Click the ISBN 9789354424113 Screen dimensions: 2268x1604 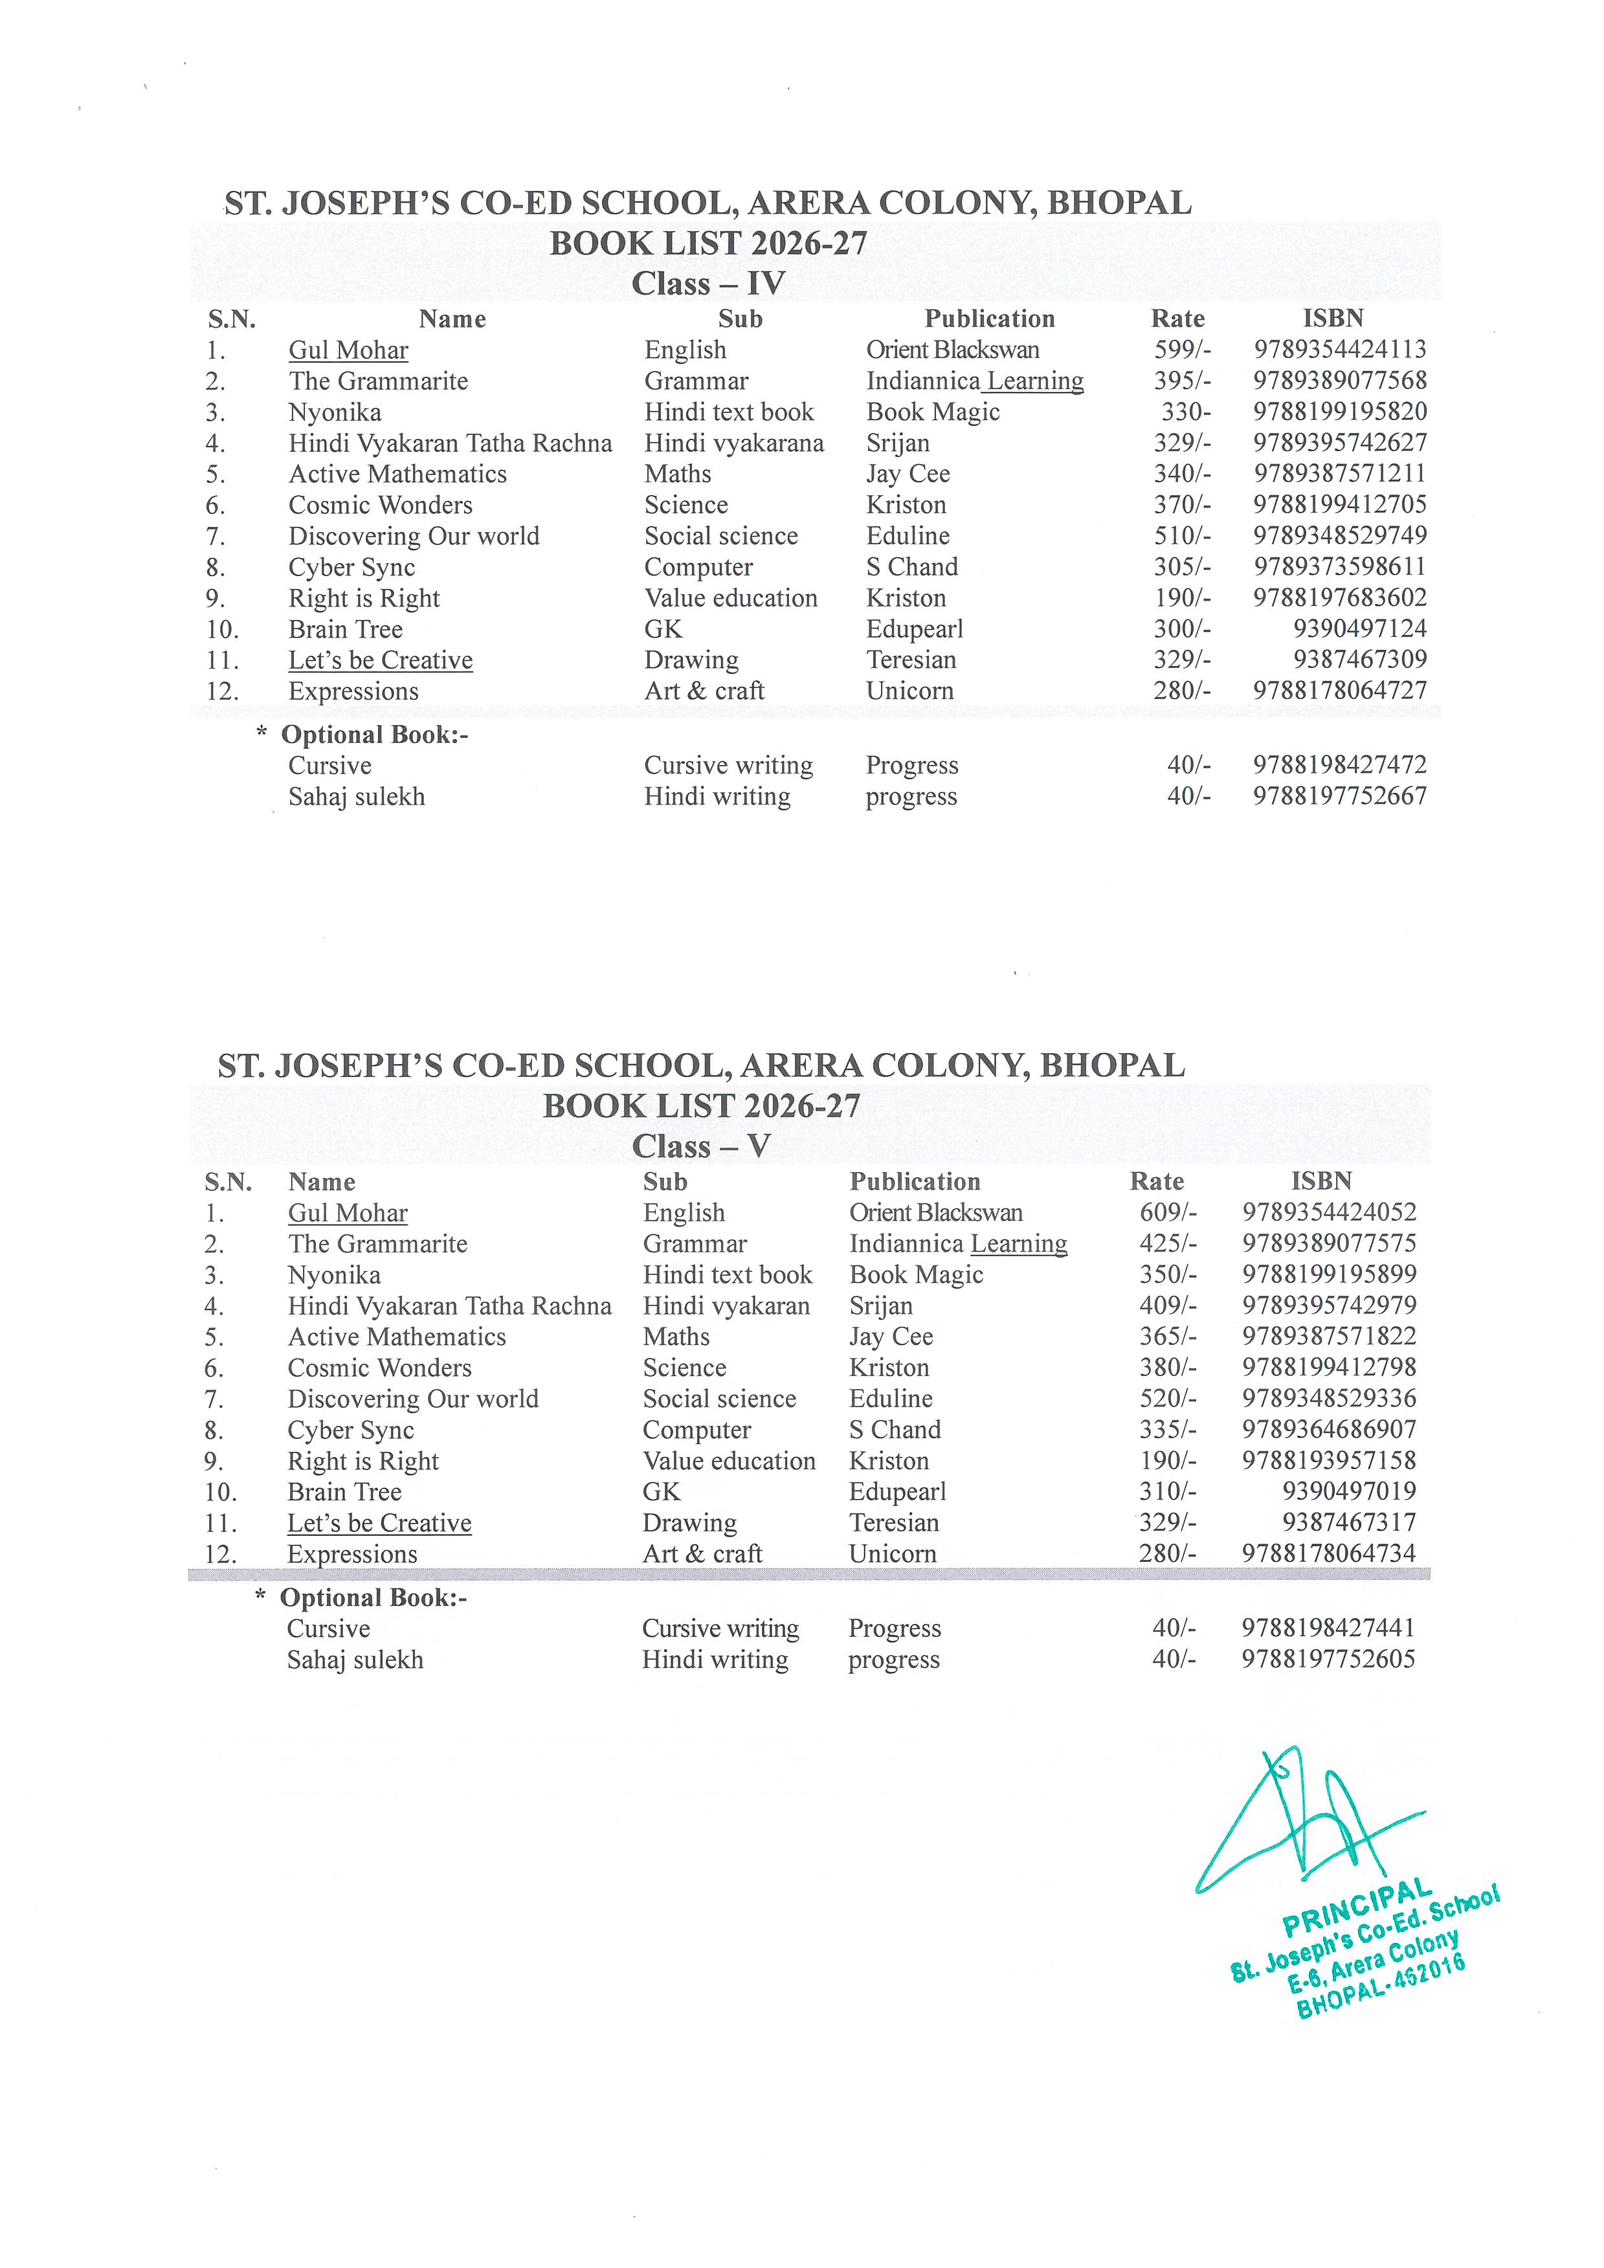point(1339,350)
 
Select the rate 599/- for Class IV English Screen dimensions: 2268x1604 point(1182,350)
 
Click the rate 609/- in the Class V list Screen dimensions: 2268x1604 point(1168,1212)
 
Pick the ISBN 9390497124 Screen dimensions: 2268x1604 point(1359,628)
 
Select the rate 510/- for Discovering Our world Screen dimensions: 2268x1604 point(1182,535)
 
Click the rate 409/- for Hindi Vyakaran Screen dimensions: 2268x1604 point(1168,1305)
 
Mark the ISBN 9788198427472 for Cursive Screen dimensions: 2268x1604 point(1339,764)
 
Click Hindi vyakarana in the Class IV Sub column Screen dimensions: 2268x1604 point(734,443)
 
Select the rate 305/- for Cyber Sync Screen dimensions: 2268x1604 point(1182,567)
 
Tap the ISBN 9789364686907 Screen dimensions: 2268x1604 point(1328,1429)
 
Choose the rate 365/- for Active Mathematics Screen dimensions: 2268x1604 point(1168,1337)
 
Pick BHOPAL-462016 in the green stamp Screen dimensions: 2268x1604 point(1380,1986)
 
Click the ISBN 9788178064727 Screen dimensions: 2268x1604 point(1339,691)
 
